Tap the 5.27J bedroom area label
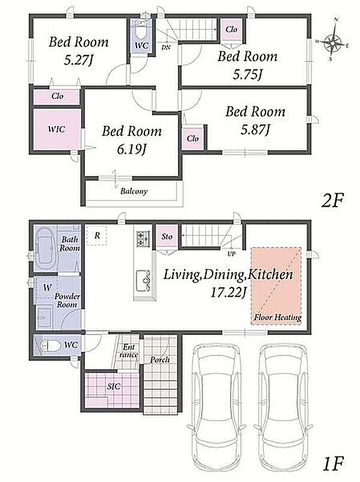pyautogui.click(x=78, y=60)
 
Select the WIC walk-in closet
pyautogui.click(x=57, y=129)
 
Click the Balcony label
pyautogui.click(x=134, y=191)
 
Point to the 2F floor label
pyautogui.click(x=332, y=201)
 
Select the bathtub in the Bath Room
pyautogui.click(x=46, y=248)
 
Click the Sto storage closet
pyautogui.click(x=167, y=237)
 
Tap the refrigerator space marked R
pyautogui.click(x=97, y=236)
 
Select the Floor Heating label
pyautogui.click(x=278, y=318)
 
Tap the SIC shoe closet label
pyautogui.click(x=114, y=387)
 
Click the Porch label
pyautogui.click(x=160, y=359)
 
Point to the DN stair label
pyautogui.click(x=166, y=48)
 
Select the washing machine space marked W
pyautogui.click(x=47, y=288)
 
